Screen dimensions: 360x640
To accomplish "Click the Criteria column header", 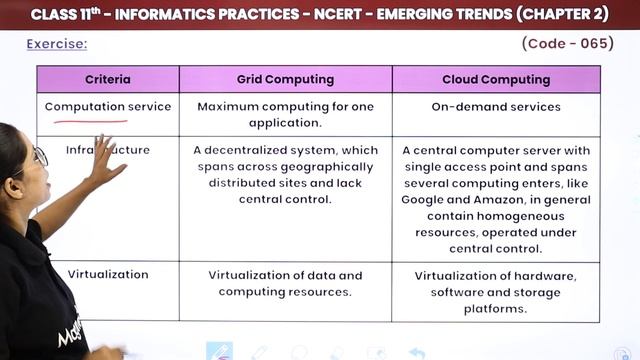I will (108, 79).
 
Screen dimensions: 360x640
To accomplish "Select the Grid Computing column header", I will (285, 79).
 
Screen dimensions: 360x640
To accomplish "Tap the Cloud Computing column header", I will (496, 79).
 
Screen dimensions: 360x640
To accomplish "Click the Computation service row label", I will (108, 107).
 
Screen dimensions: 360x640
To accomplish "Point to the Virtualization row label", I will (108, 274).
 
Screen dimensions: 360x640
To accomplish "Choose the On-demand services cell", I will (496, 107).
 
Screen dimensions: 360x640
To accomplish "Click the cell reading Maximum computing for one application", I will (285, 115).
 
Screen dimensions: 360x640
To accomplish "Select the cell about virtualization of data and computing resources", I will (285, 283).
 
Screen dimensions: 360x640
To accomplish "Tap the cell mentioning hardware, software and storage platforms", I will (496, 292).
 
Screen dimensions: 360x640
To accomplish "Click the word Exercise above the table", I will (56, 44).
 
